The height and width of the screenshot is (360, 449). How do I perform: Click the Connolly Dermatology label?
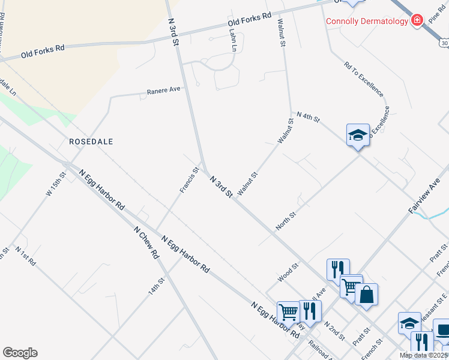click(x=367, y=22)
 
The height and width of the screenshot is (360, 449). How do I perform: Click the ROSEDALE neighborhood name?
click(x=91, y=142)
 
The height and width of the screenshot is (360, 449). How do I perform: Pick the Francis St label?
click(x=189, y=180)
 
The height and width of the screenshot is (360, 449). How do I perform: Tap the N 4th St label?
click(x=308, y=116)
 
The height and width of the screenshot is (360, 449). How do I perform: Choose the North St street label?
click(x=286, y=220)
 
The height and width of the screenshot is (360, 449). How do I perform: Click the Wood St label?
click(x=288, y=272)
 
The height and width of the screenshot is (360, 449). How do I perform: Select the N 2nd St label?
click(x=334, y=331)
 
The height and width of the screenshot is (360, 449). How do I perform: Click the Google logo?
click(x=20, y=353)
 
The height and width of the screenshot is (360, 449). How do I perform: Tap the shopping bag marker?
click(x=366, y=295)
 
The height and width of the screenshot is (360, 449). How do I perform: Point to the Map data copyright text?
click(x=424, y=355)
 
